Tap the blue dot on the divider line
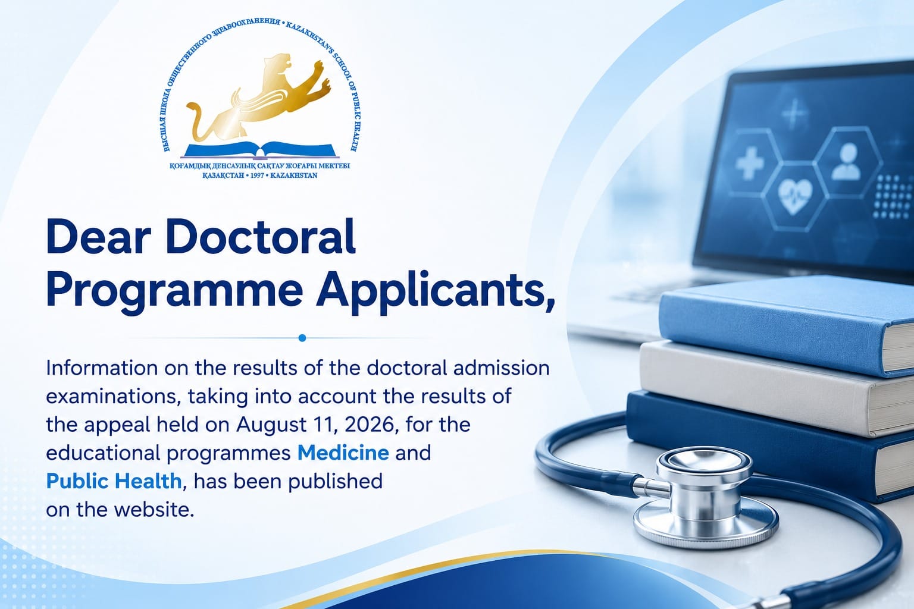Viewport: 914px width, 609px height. click(x=302, y=338)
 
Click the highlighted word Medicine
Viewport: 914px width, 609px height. click(x=343, y=453)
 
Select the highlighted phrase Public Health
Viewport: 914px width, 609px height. click(x=114, y=481)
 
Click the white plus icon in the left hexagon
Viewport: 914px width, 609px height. click(x=750, y=163)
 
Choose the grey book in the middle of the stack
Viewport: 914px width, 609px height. click(x=775, y=388)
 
